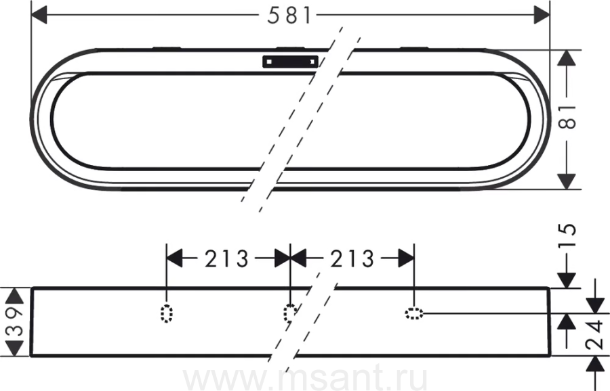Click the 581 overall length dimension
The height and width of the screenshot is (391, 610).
coord(289,16)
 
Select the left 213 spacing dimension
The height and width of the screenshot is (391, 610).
coord(226,258)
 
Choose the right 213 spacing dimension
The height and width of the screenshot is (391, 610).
coord(352,258)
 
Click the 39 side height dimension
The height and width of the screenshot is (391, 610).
coord(15,321)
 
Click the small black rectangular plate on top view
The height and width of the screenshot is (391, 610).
coord(290,62)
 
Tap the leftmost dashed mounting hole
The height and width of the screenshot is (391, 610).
coord(167,313)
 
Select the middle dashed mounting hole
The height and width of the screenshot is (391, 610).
coord(289,313)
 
